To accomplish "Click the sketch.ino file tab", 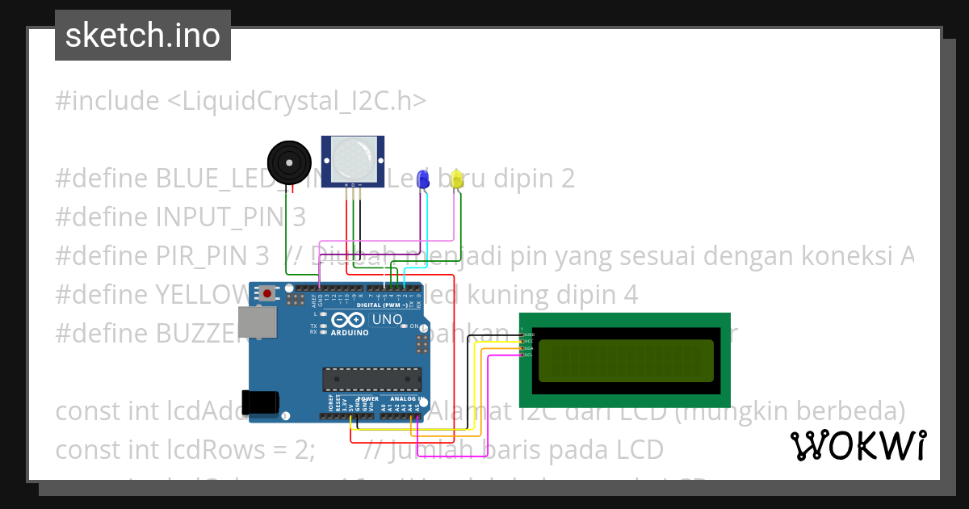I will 143,36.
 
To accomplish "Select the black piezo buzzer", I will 288,161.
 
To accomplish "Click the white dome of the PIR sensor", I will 354,158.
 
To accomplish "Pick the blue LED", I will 422,179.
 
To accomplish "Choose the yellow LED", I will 457,179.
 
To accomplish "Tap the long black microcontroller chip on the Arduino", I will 372,379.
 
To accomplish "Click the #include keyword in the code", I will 107,101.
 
